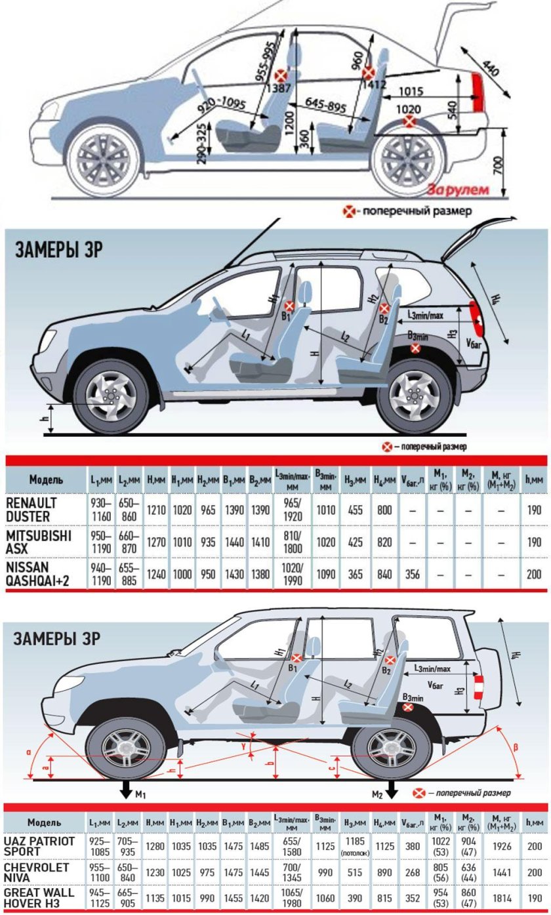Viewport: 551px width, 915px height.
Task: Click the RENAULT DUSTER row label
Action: tap(31, 509)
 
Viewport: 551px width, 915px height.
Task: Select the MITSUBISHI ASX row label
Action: tap(38, 542)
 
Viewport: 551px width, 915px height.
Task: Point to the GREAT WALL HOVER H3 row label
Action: tap(39, 898)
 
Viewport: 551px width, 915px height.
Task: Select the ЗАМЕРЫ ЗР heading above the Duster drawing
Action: tap(59, 251)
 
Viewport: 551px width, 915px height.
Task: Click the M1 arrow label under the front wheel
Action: tap(140, 795)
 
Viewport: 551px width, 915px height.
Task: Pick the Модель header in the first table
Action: tap(46, 480)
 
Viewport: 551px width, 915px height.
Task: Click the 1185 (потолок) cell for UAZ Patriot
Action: tap(354, 846)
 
